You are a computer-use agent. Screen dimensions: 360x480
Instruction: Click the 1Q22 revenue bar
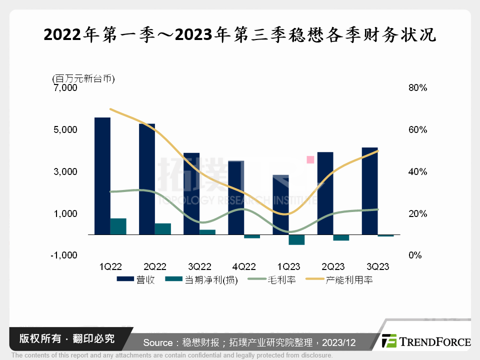[x=102, y=175]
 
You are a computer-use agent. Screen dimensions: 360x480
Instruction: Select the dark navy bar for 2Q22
[x=147, y=178]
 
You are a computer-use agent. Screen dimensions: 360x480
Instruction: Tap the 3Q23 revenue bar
[x=369, y=190]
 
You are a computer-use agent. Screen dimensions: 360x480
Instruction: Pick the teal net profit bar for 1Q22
[x=118, y=226]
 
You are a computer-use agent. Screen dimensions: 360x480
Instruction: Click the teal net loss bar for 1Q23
[x=296, y=239]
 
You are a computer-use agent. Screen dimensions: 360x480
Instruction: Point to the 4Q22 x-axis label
[x=244, y=267]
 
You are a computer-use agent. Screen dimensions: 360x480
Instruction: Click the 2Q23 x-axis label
[x=332, y=267]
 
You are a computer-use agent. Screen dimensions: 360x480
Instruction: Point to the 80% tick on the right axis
[x=417, y=88]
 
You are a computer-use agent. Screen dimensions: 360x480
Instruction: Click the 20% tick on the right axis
[x=417, y=213]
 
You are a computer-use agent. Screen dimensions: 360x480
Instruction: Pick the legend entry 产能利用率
[x=341, y=280]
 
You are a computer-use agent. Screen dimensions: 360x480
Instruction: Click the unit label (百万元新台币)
[x=83, y=78]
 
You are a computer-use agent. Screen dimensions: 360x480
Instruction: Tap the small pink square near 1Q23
[x=310, y=159]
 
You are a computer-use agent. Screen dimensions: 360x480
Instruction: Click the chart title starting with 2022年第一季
[x=240, y=35]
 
